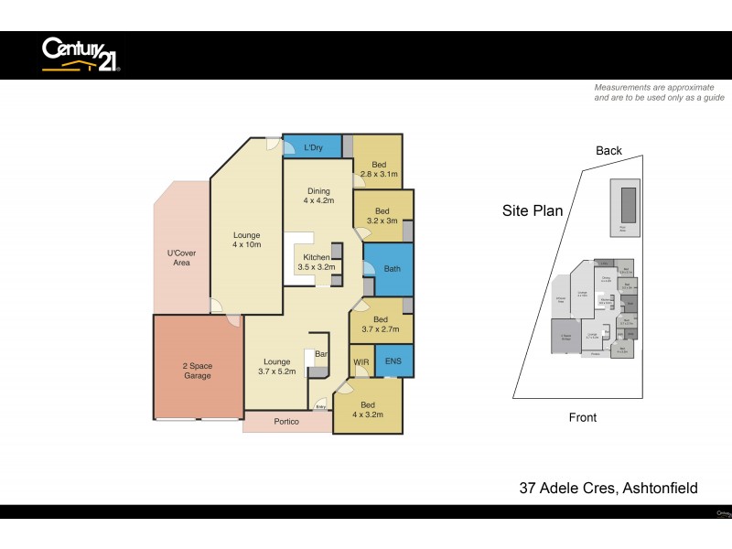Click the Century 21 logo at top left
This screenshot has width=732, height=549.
[x=81, y=54]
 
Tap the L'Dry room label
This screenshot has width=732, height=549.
[x=313, y=148]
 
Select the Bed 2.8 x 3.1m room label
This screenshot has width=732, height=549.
[x=378, y=169]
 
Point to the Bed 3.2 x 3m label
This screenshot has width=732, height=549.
[x=382, y=216]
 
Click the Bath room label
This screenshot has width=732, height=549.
[x=392, y=269]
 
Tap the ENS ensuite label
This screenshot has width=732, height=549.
[x=393, y=361]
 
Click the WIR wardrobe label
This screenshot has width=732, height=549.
[x=361, y=362]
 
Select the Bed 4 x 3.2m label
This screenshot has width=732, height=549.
[x=368, y=410]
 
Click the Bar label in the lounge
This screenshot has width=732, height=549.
[x=321, y=353]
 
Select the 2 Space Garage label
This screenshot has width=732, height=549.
[x=197, y=371]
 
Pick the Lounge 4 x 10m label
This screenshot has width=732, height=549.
[x=246, y=240]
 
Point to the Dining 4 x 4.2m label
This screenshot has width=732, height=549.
[x=318, y=196]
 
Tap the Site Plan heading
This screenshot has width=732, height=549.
[x=532, y=210]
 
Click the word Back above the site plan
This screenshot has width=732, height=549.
[x=608, y=151]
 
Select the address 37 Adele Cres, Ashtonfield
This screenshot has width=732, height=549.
[x=608, y=489]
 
